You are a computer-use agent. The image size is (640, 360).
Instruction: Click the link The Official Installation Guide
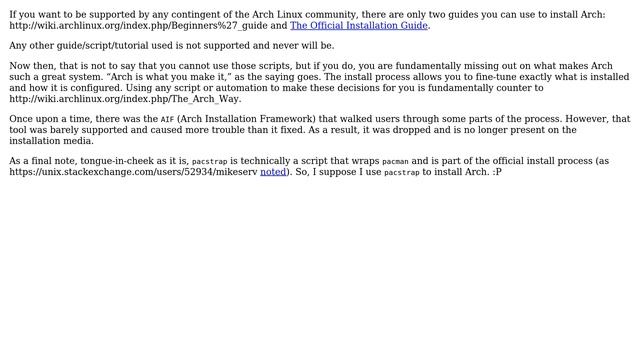(x=358, y=26)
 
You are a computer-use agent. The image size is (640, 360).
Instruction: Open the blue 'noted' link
(x=273, y=172)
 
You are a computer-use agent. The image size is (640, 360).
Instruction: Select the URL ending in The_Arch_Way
(x=125, y=99)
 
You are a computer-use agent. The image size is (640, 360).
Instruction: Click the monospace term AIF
(x=167, y=119)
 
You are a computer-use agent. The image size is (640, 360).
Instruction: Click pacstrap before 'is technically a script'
(x=209, y=161)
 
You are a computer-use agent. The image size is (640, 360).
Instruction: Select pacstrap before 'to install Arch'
(x=401, y=172)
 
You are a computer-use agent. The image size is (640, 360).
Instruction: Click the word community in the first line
(x=341, y=15)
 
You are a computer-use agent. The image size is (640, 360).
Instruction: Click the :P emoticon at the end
(x=497, y=172)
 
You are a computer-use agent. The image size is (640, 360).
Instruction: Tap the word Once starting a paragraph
(x=24, y=119)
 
